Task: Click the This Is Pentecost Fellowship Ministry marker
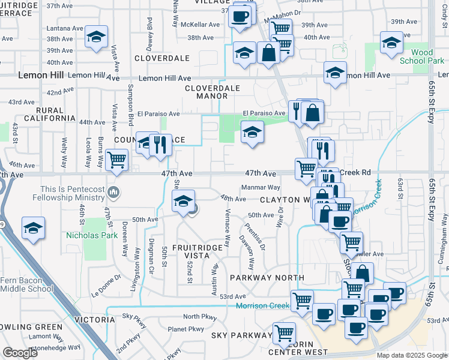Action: pyautogui.click(x=115, y=193)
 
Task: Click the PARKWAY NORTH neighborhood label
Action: pyautogui.click(x=267, y=278)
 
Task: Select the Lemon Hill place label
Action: pyautogui.click(x=41, y=76)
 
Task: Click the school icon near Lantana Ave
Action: pyautogui.click(x=96, y=37)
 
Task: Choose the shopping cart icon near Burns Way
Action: pyautogui.click(x=116, y=160)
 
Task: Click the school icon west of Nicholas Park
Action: pyautogui.click(x=33, y=229)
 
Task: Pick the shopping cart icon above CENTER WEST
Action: pyautogui.click(x=284, y=333)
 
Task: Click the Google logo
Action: pyautogui.click(x=20, y=353)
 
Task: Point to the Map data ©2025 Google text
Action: pyautogui.click(x=412, y=355)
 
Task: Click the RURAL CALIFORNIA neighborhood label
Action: pyautogui.click(x=47, y=114)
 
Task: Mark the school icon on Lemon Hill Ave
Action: pyautogui.click(x=335, y=73)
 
